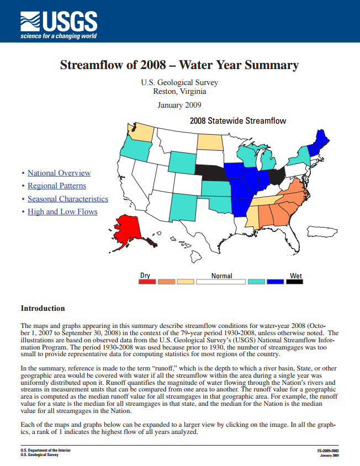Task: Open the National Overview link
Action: click(x=59, y=173)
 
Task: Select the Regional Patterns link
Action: click(x=57, y=186)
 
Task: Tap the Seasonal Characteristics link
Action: click(x=68, y=199)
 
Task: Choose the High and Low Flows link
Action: click(x=62, y=211)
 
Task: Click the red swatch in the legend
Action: click(x=147, y=282)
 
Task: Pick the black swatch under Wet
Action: click(x=294, y=282)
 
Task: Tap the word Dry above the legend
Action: click(x=145, y=275)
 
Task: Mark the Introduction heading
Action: click(x=43, y=308)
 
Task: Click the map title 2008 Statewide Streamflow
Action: click(x=237, y=120)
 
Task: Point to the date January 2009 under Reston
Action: click(x=179, y=105)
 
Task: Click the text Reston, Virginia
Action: click(x=179, y=92)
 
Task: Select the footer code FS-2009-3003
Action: click(x=328, y=450)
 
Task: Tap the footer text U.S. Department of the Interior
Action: click(x=45, y=450)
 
